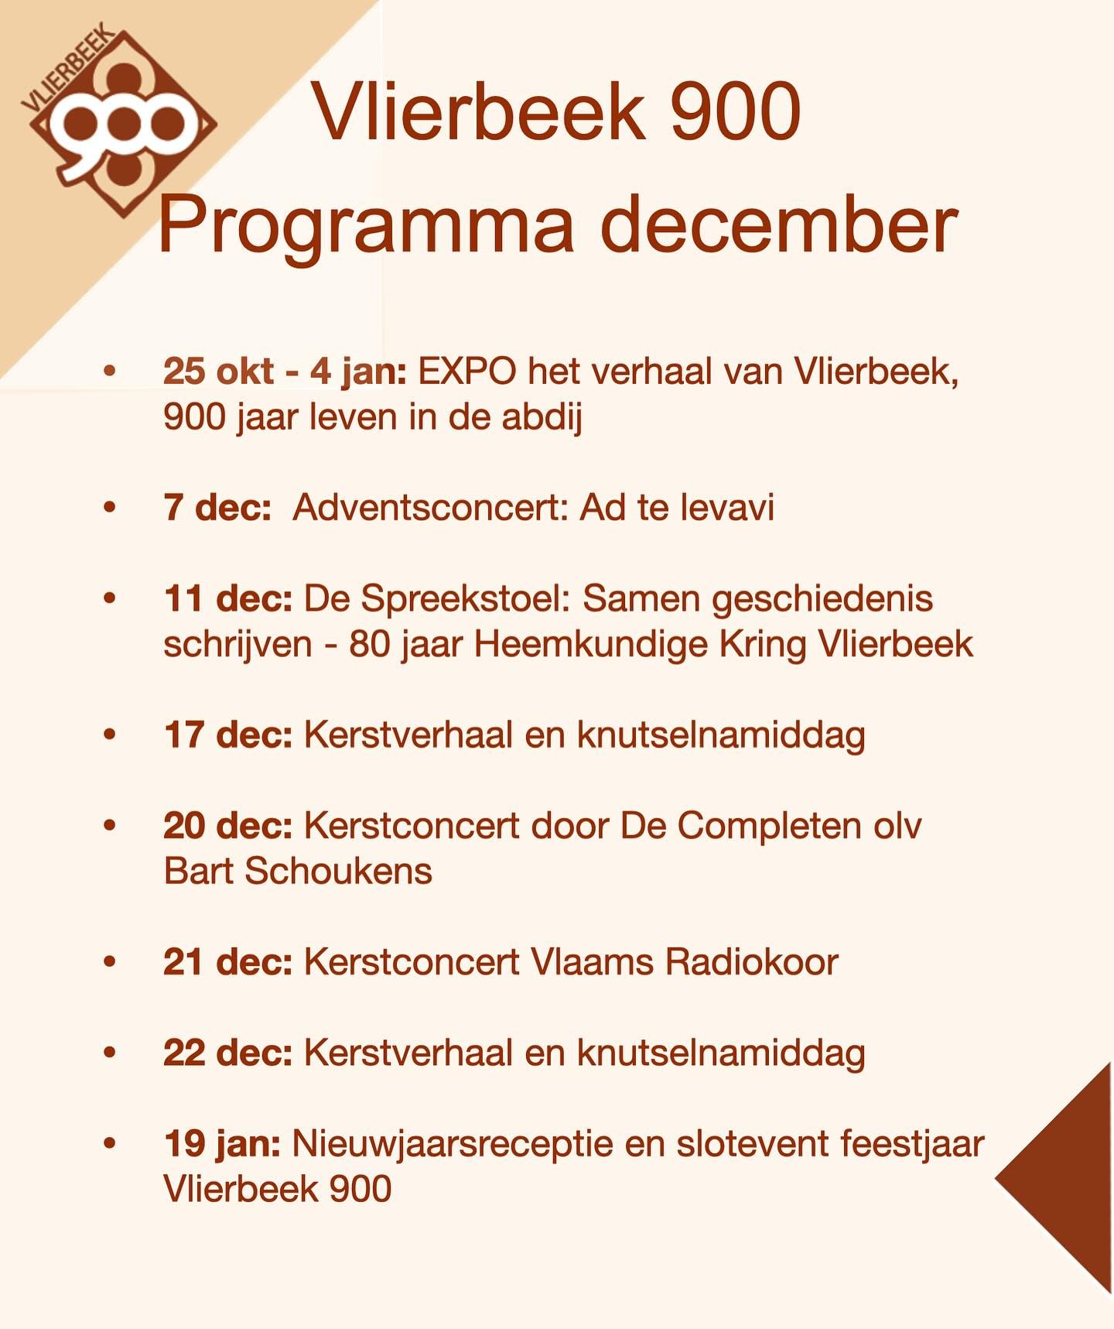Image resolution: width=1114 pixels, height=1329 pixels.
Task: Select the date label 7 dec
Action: [217, 508]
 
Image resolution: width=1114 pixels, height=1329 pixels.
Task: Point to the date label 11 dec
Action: [228, 598]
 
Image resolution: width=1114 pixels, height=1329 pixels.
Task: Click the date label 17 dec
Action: [228, 735]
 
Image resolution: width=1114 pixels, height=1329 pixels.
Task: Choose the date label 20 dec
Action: [228, 825]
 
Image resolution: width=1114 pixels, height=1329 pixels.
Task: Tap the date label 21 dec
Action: [228, 962]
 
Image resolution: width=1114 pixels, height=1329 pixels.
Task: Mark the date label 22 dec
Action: [228, 1053]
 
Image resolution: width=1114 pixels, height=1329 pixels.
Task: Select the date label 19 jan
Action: [223, 1145]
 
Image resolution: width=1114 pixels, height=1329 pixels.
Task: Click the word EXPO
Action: [467, 372]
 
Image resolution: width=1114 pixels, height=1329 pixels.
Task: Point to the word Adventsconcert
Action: [429, 508]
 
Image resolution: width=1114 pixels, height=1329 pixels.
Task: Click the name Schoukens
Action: [338, 871]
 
